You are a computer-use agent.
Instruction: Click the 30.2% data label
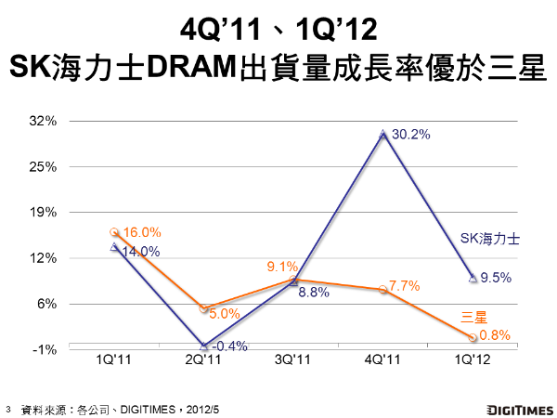411,135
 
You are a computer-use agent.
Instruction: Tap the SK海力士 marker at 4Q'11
382,135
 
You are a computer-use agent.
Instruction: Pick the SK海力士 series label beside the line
490,238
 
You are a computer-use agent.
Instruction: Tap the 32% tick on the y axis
45,121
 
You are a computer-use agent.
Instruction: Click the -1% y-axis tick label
46,349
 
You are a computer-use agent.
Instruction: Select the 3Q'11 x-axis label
292,359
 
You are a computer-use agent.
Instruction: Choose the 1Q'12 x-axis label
473,359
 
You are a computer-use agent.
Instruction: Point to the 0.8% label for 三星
496,335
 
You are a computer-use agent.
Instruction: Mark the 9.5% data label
497,277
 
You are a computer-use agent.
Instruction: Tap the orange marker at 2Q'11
203,307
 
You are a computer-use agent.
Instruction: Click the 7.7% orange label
406,285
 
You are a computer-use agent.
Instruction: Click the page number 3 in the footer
8,408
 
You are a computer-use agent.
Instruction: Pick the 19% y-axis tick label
45,213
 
